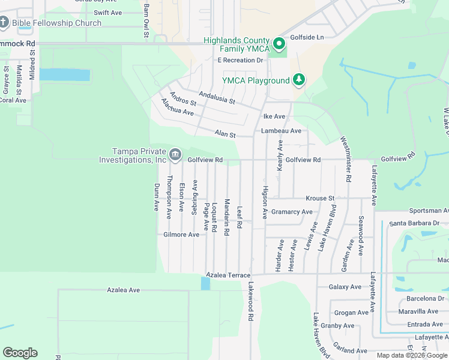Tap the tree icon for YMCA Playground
pyautogui.click(x=298, y=80)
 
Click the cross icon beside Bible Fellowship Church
pyautogui.click(x=4, y=23)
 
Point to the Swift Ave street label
pyautogui.click(x=108, y=13)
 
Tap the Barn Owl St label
pyautogui.click(x=146, y=20)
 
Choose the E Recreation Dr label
pyautogui.click(x=240, y=61)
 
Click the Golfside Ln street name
pyautogui.click(x=307, y=37)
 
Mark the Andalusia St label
pyautogui.click(x=217, y=97)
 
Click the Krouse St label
pyautogui.click(x=319, y=198)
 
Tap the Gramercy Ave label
pyautogui.click(x=292, y=212)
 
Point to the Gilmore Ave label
pyautogui.click(x=181, y=235)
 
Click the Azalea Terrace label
pyautogui.click(x=228, y=275)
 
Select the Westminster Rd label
pyautogui.click(x=347, y=159)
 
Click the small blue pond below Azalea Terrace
pyautogui.click(x=205, y=283)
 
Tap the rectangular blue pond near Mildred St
pyautogui.click(x=65, y=75)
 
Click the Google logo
pyautogui.click(x=20, y=353)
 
